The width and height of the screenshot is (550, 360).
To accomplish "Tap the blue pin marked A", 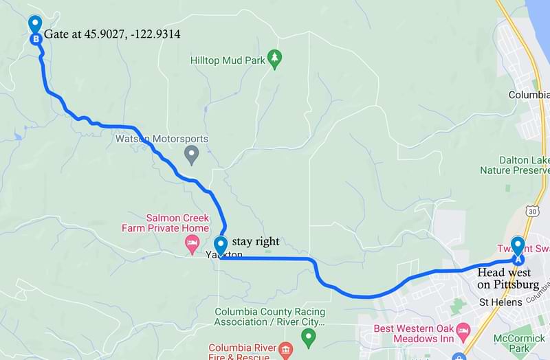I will tap(518, 251).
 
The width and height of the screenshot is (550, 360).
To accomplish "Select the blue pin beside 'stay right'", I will tap(221, 246).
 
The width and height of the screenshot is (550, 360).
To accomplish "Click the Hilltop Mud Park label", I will tap(228, 60).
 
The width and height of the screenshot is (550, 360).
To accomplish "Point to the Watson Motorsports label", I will tap(161, 139).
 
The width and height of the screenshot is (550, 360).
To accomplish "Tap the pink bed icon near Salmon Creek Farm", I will tap(192, 243).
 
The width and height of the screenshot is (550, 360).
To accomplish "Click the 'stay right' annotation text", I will tap(256, 241).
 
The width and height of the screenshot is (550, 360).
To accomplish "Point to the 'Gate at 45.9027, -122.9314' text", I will tap(112, 34).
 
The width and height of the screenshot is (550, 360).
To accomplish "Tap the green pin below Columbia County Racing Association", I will tap(309, 337).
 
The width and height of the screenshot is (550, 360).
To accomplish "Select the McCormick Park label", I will tap(519, 344).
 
